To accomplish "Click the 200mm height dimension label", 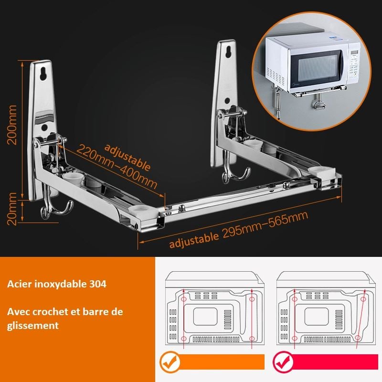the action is (x=12, y=125).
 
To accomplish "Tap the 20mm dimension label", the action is (x=12, y=209).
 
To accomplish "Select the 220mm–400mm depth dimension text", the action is (x=117, y=167).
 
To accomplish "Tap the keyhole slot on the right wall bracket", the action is (x=228, y=52).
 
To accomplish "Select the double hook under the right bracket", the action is (x=235, y=170).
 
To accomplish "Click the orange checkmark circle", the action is (x=170, y=362).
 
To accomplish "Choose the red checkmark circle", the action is (x=283, y=362).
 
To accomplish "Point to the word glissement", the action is (x=33, y=326).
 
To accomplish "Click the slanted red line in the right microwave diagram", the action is (x=361, y=319).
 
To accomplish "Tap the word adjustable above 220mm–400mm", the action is (x=127, y=157).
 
